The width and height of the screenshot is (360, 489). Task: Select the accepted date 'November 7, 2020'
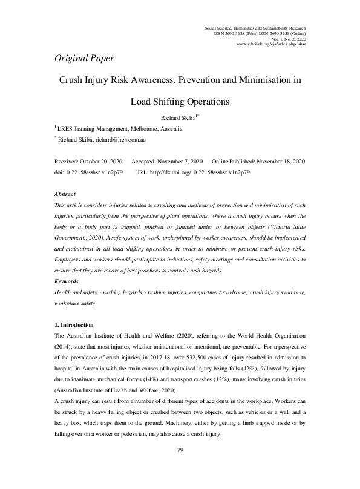click(x=179, y=162)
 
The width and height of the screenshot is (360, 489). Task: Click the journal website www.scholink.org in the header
click(x=271, y=44)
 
